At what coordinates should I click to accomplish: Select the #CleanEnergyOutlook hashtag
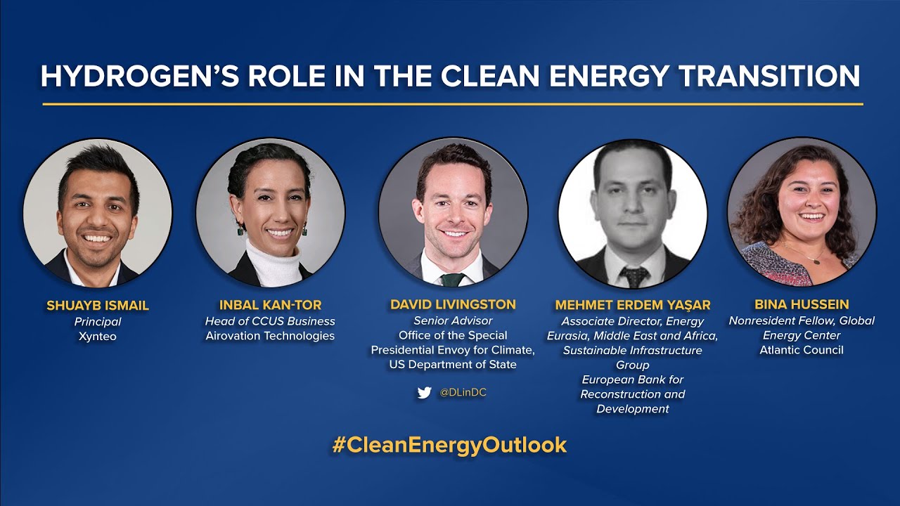pyautogui.click(x=449, y=445)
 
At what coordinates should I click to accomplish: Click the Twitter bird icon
pyautogui.click(x=424, y=393)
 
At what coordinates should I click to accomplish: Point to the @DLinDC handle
pyautogui.click(x=463, y=393)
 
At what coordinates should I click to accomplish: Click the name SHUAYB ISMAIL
pyautogui.click(x=98, y=306)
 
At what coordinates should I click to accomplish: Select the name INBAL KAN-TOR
pyautogui.click(x=270, y=305)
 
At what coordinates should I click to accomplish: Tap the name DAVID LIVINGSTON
pyautogui.click(x=453, y=305)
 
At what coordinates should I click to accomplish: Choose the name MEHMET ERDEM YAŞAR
pyautogui.click(x=633, y=305)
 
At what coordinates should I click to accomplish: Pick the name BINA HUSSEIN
pyautogui.click(x=802, y=304)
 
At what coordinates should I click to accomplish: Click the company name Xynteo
pyautogui.click(x=98, y=337)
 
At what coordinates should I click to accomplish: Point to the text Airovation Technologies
pyautogui.click(x=270, y=336)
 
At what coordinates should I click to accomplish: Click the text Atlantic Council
pyautogui.click(x=802, y=350)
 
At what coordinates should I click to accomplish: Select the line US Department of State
pyautogui.click(x=453, y=365)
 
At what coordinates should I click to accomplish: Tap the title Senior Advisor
pyautogui.click(x=453, y=320)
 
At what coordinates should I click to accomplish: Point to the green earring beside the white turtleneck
pyautogui.click(x=240, y=230)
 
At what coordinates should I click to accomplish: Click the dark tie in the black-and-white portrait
pyautogui.click(x=634, y=277)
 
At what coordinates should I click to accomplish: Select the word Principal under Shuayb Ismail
pyautogui.click(x=98, y=321)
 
